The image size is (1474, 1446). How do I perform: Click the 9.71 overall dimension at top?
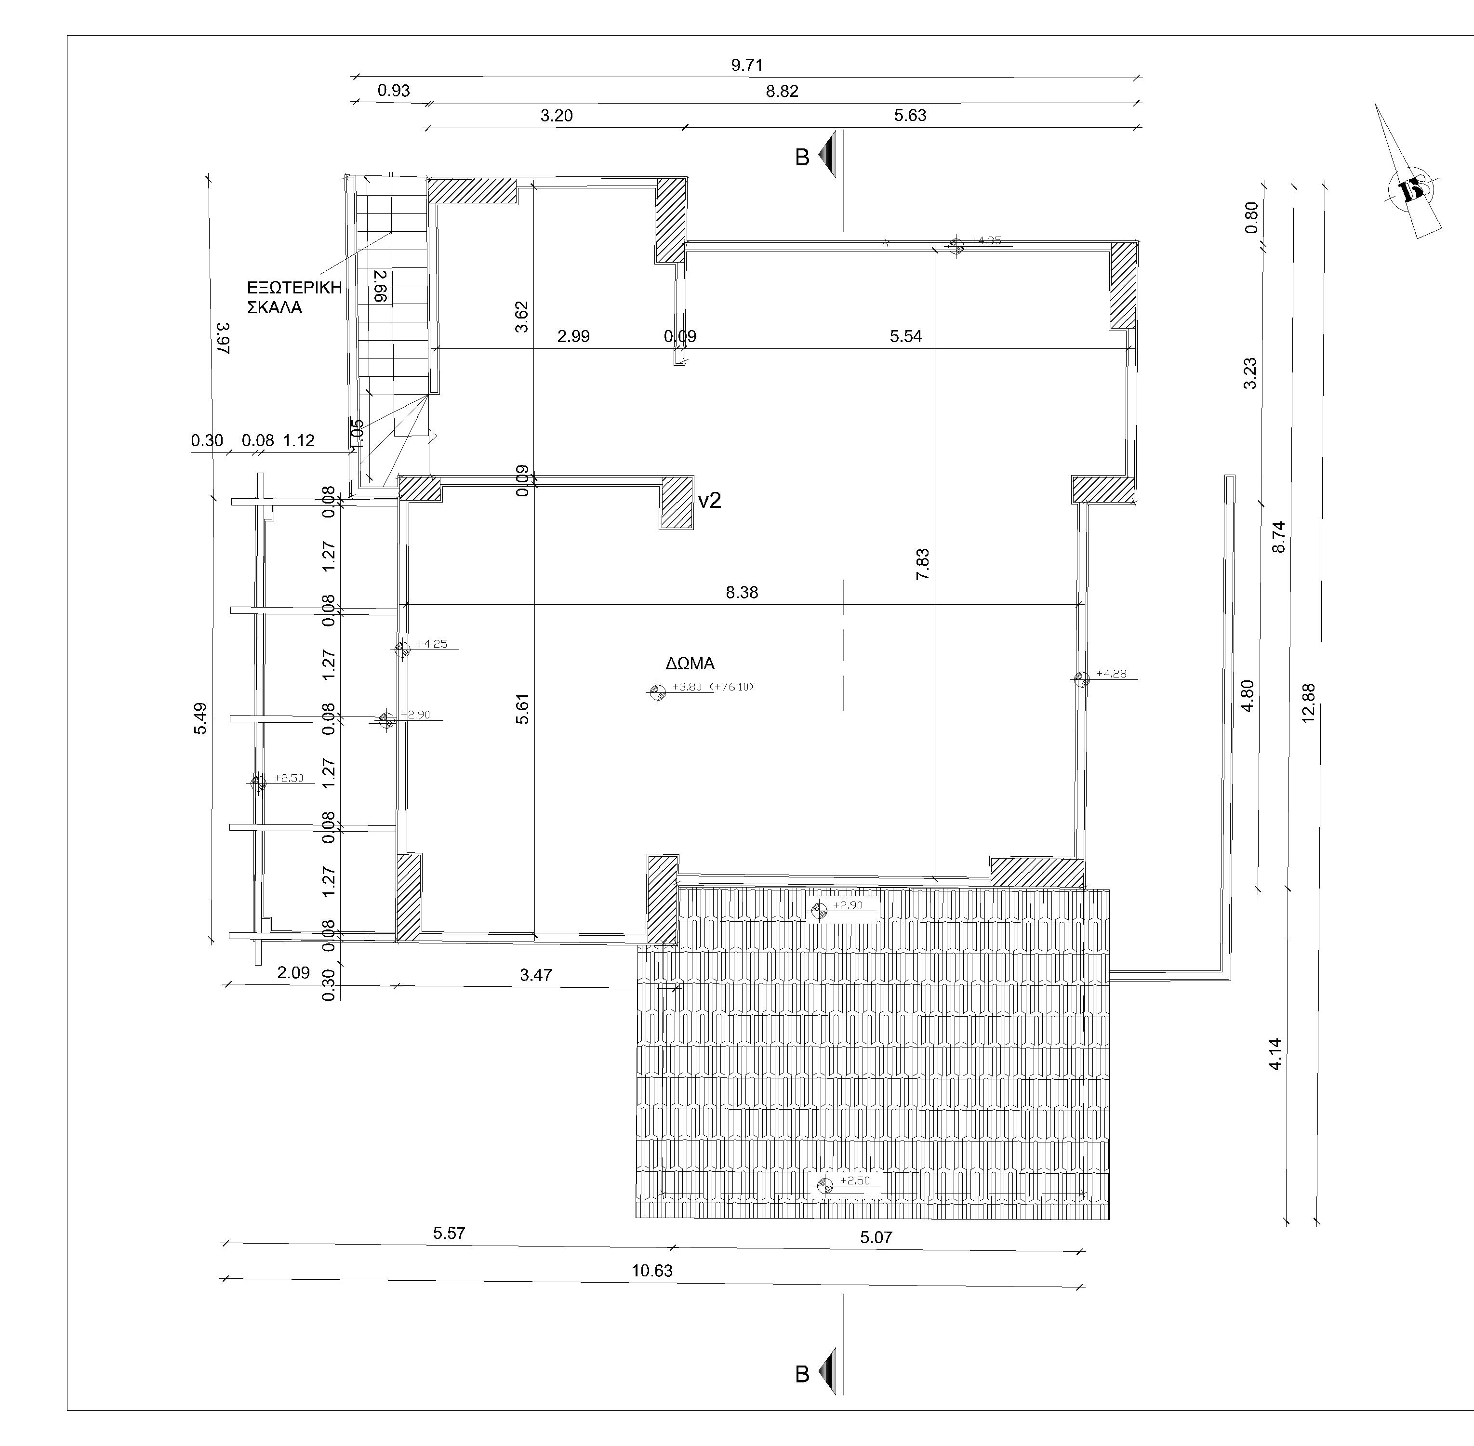(x=746, y=66)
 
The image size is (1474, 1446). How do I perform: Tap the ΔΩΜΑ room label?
(x=691, y=664)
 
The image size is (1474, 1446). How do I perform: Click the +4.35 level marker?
(x=986, y=241)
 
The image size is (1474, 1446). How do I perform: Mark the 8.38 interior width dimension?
(x=742, y=592)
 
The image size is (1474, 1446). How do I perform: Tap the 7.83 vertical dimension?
(x=923, y=564)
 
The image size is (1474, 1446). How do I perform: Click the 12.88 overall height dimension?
(x=1308, y=703)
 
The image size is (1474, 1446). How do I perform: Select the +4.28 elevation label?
(x=1111, y=674)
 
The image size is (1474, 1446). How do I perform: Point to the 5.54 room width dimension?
(x=906, y=336)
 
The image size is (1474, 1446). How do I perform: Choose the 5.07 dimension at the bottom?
(x=876, y=1237)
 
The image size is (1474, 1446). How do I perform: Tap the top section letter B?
(x=802, y=158)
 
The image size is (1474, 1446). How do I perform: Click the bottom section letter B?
(x=802, y=1375)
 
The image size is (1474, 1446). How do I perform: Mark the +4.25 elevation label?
(x=432, y=644)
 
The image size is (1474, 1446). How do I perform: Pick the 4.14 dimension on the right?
(x=1276, y=1054)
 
